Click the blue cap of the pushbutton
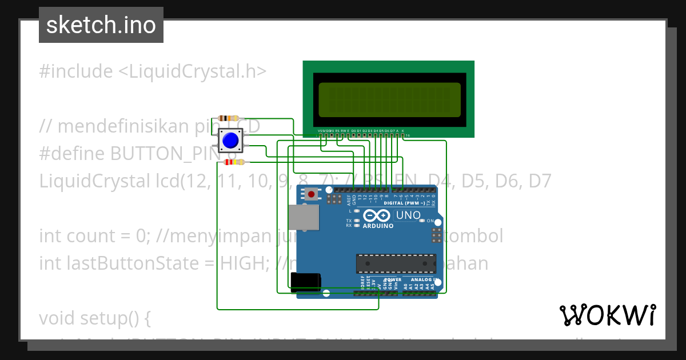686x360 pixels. coord(230,140)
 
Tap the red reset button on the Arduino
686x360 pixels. coord(311,194)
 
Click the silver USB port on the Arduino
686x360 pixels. coord(304,217)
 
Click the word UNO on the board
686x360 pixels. coord(408,215)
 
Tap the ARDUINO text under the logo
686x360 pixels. coord(378,226)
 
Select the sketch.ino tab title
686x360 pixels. coord(101,25)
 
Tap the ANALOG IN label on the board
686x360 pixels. coord(423,279)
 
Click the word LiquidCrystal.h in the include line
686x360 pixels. coord(197,71)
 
